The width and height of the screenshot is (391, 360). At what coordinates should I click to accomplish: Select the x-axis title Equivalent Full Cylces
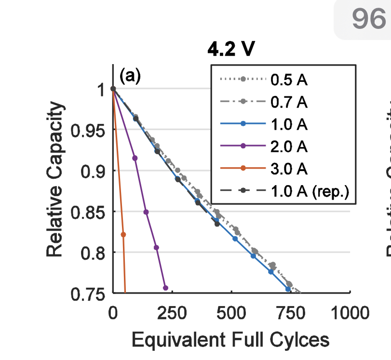pyautogui.click(x=230, y=340)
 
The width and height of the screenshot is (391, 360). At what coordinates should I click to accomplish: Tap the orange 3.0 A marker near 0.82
pyautogui.click(x=123, y=234)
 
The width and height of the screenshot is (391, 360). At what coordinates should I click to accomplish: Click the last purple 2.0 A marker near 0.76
pyautogui.click(x=165, y=288)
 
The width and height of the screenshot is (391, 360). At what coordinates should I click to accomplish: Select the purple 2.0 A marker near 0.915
pyautogui.click(x=135, y=158)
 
